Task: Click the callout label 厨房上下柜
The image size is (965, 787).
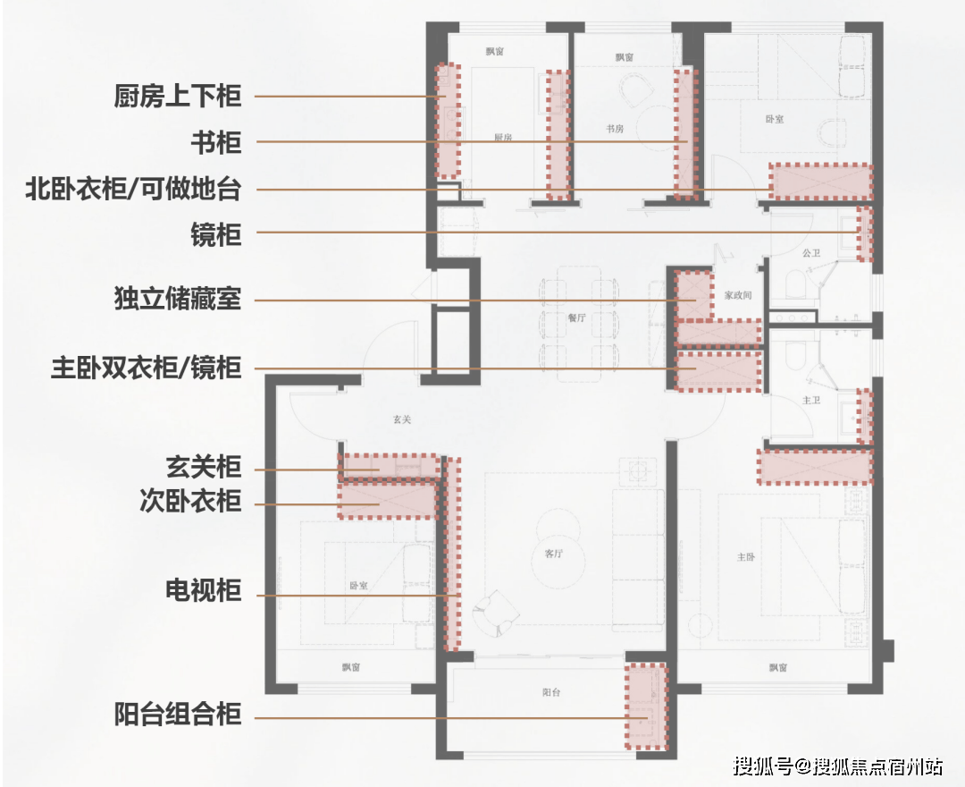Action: [x=178, y=96]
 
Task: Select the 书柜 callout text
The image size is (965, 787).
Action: [x=216, y=142]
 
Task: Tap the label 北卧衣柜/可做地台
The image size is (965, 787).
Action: [x=133, y=190]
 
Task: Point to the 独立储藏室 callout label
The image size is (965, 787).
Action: [x=178, y=299]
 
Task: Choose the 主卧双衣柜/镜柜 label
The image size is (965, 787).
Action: [x=146, y=368]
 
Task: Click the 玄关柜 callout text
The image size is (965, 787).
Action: [x=204, y=467]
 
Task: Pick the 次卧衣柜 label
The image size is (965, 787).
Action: [x=190, y=501]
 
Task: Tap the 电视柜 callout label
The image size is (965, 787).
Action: [x=204, y=591]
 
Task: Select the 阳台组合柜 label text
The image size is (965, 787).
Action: [x=178, y=715]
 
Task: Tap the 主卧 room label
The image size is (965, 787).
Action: [x=746, y=556]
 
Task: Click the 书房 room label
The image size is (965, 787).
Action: [x=614, y=129]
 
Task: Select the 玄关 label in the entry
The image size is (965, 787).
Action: [x=401, y=419]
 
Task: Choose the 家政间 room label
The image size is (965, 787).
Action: [x=738, y=295]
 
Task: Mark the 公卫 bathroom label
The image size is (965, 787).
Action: [x=810, y=253]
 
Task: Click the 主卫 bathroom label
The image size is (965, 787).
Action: [x=810, y=400]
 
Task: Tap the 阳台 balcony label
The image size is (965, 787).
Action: [x=551, y=692]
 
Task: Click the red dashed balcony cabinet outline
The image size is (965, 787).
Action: [x=646, y=707]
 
